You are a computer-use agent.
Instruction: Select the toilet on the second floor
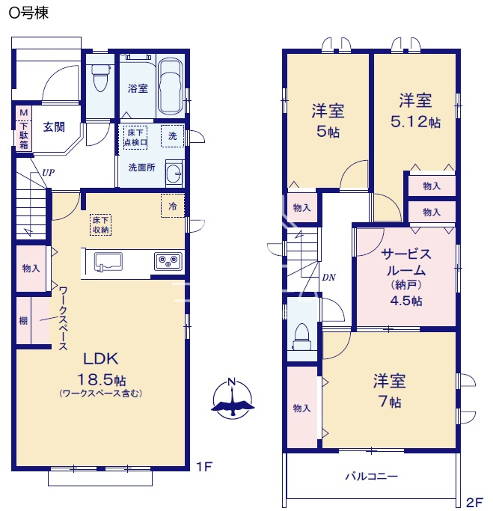(x=302, y=337)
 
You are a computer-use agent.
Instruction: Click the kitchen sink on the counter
(x=108, y=262)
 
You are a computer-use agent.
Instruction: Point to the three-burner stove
(x=168, y=260)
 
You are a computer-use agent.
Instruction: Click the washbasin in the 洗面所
(x=174, y=173)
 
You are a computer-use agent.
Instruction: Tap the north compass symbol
(x=233, y=399)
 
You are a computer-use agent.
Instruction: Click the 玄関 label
(x=54, y=126)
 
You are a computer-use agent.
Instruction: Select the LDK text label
(x=101, y=359)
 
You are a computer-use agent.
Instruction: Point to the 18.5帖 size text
(x=101, y=379)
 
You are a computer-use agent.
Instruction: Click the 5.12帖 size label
(x=415, y=122)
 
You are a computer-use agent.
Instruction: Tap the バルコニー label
(x=372, y=477)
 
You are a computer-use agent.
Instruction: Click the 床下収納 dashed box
(x=101, y=225)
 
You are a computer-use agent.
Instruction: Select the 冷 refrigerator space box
(x=173, y=206)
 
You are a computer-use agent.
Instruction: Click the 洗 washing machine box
(x=173, y=136)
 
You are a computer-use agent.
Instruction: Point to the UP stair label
(x=48, y=173)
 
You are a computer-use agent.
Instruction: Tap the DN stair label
(x=328, y=278)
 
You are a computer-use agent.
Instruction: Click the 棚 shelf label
(x=23, y=321)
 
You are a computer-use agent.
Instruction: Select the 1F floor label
(x=204, y=467)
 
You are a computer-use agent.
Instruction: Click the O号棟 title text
(x=28, y=13)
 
